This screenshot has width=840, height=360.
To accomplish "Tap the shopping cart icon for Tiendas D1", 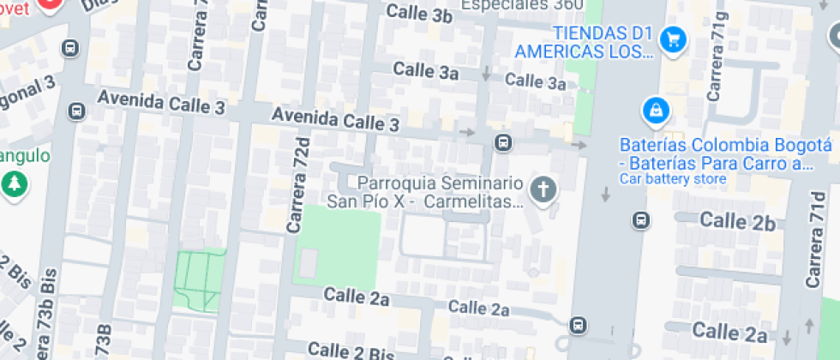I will (674, 39).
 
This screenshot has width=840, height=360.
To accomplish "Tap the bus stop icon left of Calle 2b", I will (640, 220).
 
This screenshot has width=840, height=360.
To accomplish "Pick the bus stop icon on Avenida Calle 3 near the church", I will (503, 141).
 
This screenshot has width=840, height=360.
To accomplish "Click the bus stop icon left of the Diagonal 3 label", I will (77, 111).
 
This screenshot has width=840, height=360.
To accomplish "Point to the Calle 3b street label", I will (419, 14).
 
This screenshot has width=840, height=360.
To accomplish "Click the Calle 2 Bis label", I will (349, 351).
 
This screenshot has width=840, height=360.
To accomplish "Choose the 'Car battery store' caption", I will (673, 179).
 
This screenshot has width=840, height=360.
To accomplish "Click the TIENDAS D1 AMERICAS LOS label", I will (584, 42).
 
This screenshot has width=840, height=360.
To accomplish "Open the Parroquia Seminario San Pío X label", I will (426, 193).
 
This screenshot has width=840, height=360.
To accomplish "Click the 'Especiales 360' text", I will (522, 5).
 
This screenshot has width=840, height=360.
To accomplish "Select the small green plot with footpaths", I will (198, 279).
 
